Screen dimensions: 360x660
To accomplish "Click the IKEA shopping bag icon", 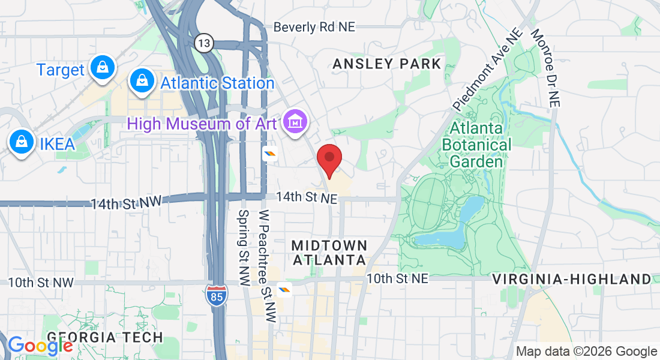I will pyautogui.click(x=22, y=142).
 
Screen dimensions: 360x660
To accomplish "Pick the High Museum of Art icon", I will pyautogui.click(x=295, y=122).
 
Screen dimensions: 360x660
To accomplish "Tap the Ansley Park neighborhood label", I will pyautogui.click(x=387, y=64).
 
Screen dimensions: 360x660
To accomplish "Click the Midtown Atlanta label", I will pyautogui.click(x=329, y=253).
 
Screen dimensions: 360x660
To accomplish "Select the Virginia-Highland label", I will pyautogui.click(x=571, y=279).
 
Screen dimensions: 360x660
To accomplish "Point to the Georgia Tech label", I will pyautogui.click(x=105, y=337).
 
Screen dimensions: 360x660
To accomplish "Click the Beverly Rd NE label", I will pyautogui.click(x=314, y=27).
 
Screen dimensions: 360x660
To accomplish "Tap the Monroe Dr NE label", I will pyautogui.click(x=545, y=68).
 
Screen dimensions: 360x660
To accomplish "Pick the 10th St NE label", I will pyautogui.click(x=397, y=278).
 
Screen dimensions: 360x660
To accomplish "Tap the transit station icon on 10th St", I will pyautogui.click(x=284, y=290).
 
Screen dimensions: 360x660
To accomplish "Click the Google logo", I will pyautogui.click(x=40, y=346).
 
